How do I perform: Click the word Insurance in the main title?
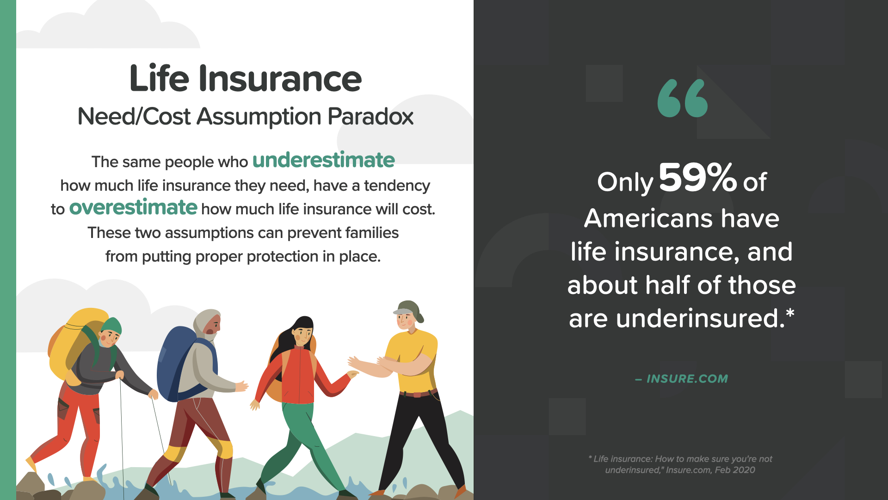pos(280,79)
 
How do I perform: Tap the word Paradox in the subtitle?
pos(370,117)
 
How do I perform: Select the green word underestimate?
pos(323,160)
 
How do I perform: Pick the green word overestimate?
pos(133,207)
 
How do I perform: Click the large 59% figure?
pos(698,177)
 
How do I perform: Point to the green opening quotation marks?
pos(683,98)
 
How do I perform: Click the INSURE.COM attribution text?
pos(687,379)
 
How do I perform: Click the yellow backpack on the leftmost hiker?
pos(74,343)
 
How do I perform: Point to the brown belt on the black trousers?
pos(418,394)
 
